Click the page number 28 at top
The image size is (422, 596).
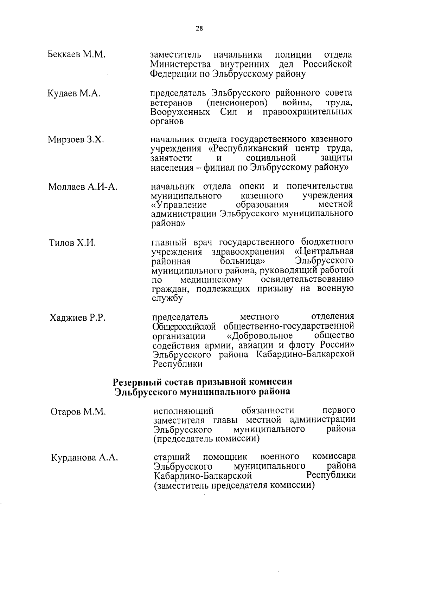[x=199, y=29]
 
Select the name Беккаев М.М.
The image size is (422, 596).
[x=76, y=55]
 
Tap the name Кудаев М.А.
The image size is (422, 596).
[x=74, y=93]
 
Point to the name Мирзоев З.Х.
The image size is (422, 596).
[x=76, y=140]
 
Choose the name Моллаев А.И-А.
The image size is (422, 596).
[x=83, y=187]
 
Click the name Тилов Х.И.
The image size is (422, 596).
[x=72, y=243]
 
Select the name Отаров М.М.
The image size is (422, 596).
[x=78, y=412]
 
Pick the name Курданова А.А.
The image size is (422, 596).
[x=84, y=458]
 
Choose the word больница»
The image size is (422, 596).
[x=242, y=262]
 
